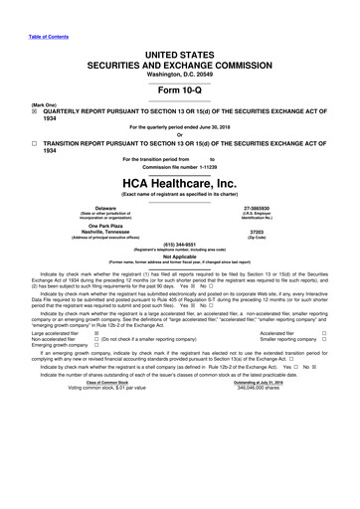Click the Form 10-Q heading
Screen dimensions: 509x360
coord(180,83)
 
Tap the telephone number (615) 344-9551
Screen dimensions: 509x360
coord(180,243)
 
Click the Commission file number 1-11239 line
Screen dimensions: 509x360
coord(180,167)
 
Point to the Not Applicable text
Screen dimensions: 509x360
coord(180,255)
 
